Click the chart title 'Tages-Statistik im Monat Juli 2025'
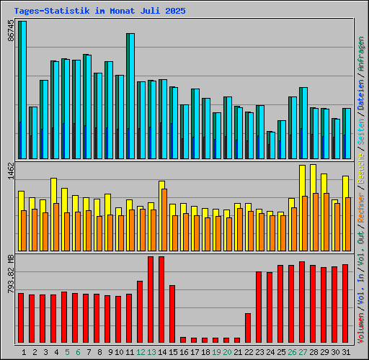coord(99,11)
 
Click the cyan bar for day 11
coord(130,94)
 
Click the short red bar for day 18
coord(205,340)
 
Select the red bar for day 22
coord(248,328)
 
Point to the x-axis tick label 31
coord(345,352)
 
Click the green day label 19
coord(215,352)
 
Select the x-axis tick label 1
coord(24,352)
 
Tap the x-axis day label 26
coord(291,352)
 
